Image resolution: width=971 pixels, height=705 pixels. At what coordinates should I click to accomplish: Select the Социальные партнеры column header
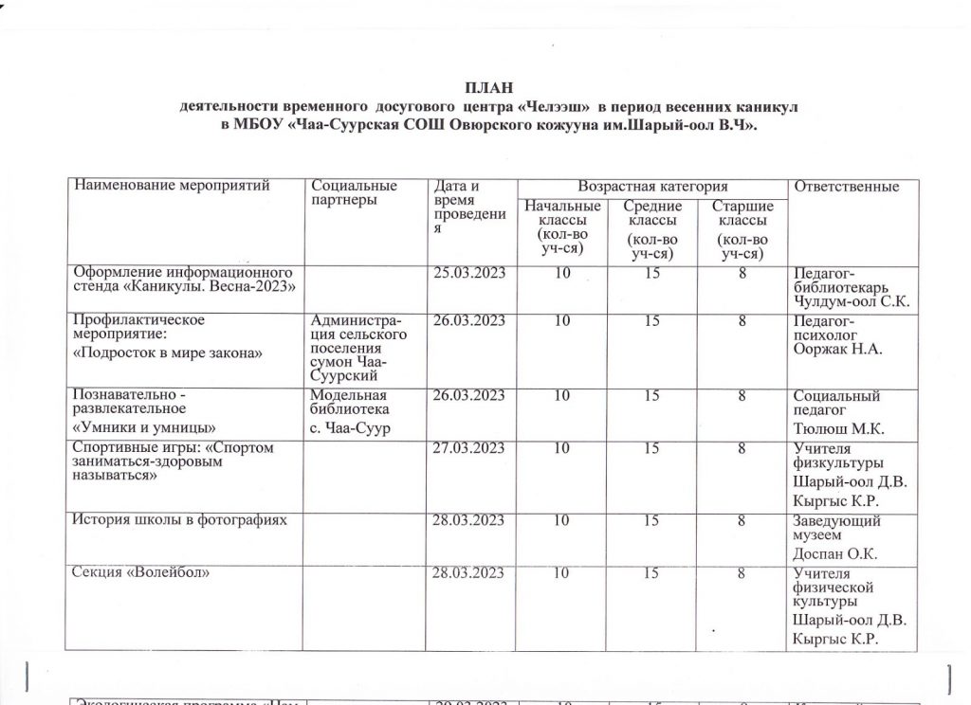pos(354,192)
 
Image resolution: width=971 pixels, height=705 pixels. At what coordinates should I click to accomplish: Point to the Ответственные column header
pos(845,187)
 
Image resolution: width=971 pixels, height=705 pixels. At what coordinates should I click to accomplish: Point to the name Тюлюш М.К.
pos(837,428)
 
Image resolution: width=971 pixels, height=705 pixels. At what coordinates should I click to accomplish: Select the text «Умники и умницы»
pos(140,427)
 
